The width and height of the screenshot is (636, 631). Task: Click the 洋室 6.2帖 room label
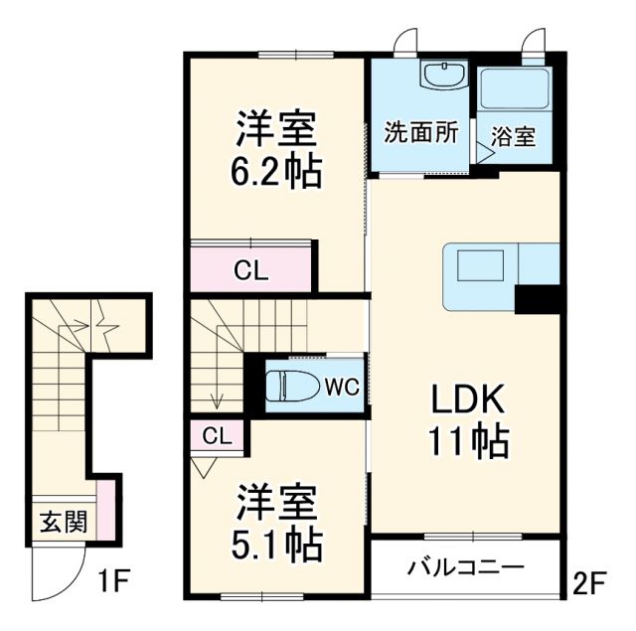(277, 150)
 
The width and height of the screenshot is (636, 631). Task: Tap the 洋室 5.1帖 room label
(277, 524)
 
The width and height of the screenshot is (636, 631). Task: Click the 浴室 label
(512, 136)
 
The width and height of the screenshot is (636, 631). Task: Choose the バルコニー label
(465, 569)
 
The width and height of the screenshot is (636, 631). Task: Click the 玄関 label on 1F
(63, 522)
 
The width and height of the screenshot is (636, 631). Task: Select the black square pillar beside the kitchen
(538, 295)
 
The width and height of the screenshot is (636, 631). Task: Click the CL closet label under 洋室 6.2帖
(250, 269)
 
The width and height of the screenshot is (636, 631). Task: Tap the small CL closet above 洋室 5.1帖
(218, 434)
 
